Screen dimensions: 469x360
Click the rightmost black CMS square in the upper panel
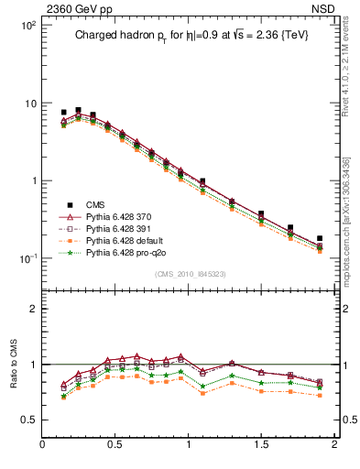point(320,238)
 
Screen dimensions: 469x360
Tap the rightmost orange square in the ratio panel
point(320,396)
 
